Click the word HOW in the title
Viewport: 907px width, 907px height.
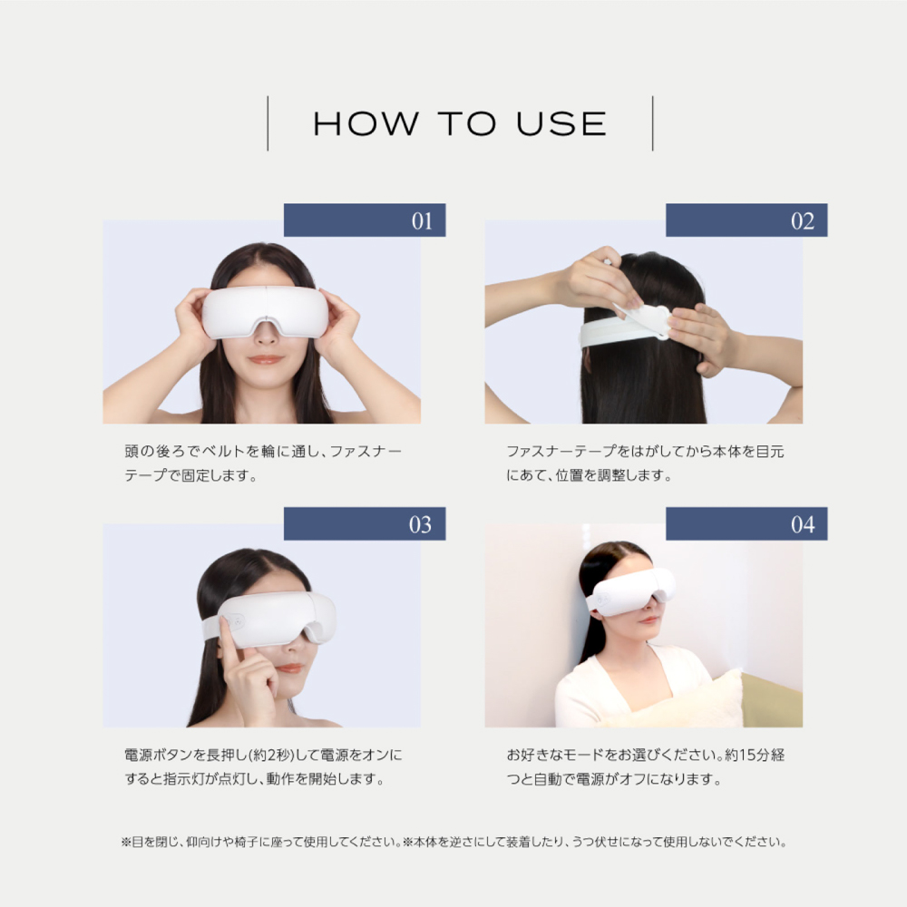pos(366,123)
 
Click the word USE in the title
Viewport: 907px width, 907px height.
pos(561,123)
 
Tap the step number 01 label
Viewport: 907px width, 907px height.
pos(422,221)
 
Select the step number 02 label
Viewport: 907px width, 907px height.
pos(803,221)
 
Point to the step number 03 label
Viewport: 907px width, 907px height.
pos(421,524)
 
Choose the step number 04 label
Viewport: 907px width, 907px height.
pos(803,524)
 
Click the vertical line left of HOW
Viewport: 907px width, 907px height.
pos(268,123)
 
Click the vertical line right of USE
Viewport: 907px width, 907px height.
pos(652,123)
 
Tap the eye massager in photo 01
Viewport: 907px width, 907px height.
pos(265,311)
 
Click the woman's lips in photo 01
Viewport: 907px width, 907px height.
pos(266,360)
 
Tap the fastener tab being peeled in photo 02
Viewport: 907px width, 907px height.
pos(645,320)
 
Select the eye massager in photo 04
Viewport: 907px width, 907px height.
pos(632,590)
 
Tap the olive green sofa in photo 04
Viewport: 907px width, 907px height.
pos(772,701)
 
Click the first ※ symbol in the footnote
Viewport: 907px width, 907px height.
pos(126,842)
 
